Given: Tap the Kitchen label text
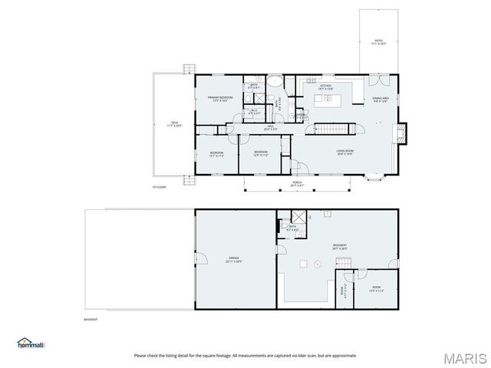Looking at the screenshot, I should coord(325,86).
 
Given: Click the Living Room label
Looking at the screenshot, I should coord(344,153).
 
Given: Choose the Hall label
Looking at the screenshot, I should coord(271,127).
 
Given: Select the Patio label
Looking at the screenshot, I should coord(378,43).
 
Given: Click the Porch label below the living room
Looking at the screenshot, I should coord(298,184).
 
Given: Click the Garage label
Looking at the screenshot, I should coord(233,259).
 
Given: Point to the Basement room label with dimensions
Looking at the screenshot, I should coord(339,247).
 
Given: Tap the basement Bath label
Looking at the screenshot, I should coord(292,227).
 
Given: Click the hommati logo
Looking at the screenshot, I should coord(31,343).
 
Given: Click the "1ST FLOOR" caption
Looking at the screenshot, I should coord(159,187).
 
